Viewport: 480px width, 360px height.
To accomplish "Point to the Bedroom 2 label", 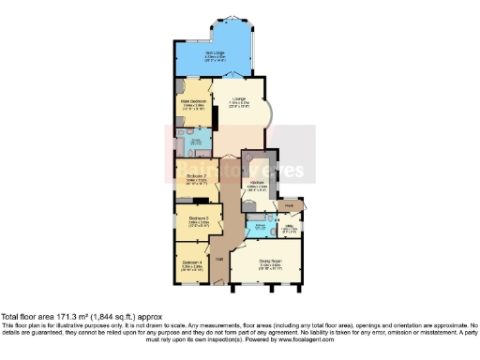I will coord(196,174).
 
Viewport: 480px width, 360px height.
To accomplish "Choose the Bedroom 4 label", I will coord(191,261).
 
